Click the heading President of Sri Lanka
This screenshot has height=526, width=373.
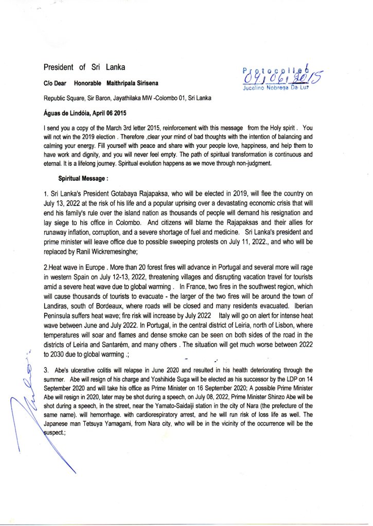[x=84, y=67]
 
